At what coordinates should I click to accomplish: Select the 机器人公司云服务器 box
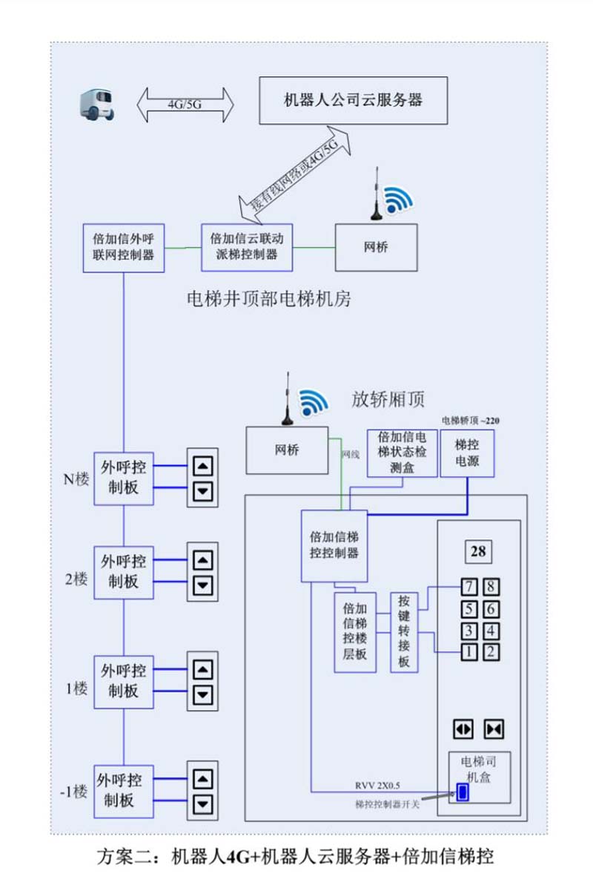[353, 100]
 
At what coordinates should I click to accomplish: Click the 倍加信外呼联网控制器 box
[124, 248]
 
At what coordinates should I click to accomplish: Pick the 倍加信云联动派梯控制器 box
[248, 246]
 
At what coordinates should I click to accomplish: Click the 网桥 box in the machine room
[376, 247]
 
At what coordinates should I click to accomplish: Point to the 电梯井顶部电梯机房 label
[268, 300]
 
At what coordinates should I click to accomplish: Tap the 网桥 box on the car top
[287, 450]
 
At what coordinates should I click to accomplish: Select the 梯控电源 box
[467, 453]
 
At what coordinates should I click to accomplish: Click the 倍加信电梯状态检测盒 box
[402, 453]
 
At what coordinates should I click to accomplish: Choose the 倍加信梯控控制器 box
[334, 545]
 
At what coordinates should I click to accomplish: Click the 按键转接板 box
[404, 632]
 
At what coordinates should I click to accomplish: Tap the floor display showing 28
[478, 551]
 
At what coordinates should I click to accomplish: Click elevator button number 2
[491, 653]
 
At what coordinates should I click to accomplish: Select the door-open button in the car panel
[464, 729]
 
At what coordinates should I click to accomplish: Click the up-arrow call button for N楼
[202, 466]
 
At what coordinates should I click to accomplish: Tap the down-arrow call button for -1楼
[202, 804]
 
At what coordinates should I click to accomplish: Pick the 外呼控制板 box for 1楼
[123, 681]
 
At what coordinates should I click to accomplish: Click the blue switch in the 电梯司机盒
[463, 792]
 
